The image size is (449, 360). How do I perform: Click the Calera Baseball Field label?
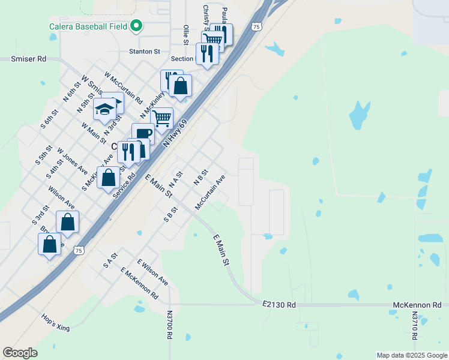(87, 26)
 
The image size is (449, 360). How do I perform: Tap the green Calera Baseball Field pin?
(136, 26)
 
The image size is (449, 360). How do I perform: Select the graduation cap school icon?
(104, 110)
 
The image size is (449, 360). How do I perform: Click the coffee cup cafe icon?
(143, 133)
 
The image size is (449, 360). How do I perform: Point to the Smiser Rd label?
(28, 59)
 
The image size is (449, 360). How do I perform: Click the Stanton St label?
(144, 52)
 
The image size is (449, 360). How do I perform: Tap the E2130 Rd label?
(279, 305)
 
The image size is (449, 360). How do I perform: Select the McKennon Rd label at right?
(417, 305)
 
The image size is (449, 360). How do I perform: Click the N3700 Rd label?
(170, 326)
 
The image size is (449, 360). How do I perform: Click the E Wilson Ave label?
(152, 272)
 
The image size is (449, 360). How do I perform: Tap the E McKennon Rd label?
(139, 284)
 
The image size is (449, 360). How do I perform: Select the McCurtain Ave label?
(210, 192)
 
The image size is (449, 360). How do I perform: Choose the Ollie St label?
(186, 34)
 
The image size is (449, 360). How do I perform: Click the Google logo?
(20, 353)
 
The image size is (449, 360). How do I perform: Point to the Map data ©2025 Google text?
(411, 355)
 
